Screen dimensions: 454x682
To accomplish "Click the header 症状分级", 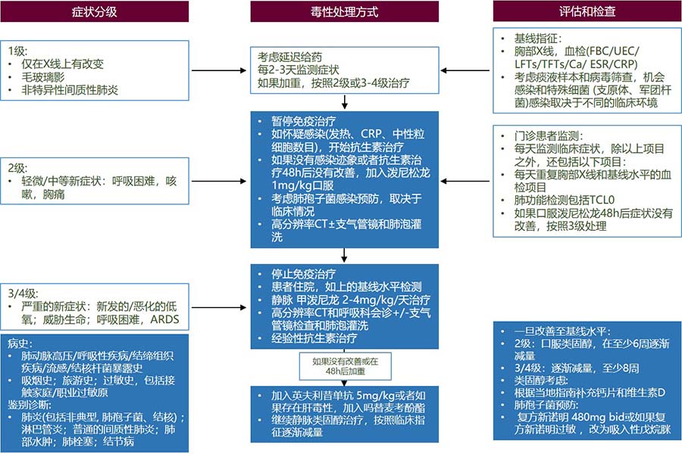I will pos(95,12).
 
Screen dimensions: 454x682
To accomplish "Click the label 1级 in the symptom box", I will pos(17,51).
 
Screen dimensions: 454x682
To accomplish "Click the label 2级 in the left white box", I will pos(17,168).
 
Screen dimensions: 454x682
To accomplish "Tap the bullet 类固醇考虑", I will pos(540,380).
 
